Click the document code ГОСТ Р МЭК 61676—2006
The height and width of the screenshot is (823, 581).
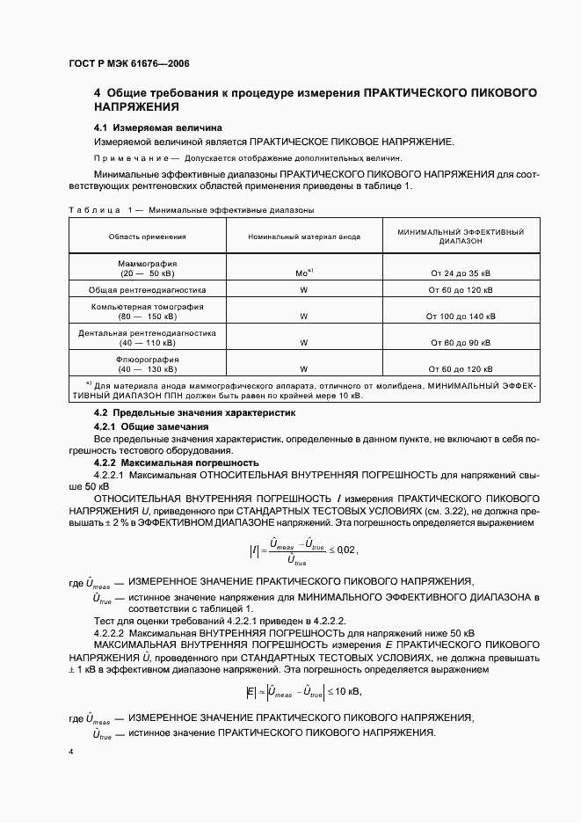[129, 64]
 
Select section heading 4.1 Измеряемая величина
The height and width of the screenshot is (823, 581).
[158, 127]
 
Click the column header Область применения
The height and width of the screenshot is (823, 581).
[147, 237]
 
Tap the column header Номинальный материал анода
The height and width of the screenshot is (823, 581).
[302, 237]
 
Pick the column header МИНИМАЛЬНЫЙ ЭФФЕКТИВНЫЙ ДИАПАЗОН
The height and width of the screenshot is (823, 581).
[461, 237]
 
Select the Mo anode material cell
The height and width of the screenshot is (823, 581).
[302, 273]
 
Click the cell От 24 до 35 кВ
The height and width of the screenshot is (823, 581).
[461, 273]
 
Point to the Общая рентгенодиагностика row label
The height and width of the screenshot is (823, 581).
[147, 289]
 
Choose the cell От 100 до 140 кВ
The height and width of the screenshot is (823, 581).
[461, 316]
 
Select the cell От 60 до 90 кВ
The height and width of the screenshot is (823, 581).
[461, 342]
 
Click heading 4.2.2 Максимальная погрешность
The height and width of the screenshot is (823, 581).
[176, 462]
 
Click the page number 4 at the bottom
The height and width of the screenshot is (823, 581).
[70, 753]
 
